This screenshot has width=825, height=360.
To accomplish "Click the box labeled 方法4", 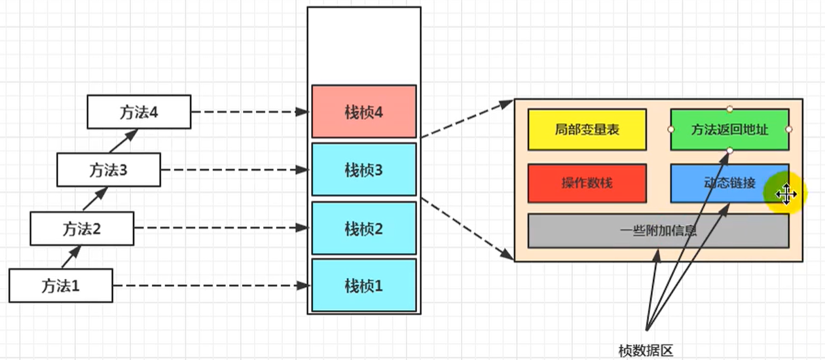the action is (x=139, y=112).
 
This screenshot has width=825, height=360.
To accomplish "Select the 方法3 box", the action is (x=109, y=170).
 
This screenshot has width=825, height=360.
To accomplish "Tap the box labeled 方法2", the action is (x=82, y=228).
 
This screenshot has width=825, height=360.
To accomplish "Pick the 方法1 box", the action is (x=61, y=285).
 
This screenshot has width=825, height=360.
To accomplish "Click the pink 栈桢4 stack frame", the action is (x=364, y=111).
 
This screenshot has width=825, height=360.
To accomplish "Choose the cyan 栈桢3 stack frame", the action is (x=364, y=170).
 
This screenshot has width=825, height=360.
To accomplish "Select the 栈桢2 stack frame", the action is (x=364, y=228).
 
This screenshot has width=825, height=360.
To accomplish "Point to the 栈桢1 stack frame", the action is (x=364, y=285).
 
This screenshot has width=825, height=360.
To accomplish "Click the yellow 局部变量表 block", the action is (x=587, y=130).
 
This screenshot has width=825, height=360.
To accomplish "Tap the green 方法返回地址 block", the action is (x=729, y=130).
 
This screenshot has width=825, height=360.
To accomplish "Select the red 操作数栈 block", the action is (x=587, y=183).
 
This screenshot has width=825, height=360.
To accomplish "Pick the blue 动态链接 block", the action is (x=729, y=183).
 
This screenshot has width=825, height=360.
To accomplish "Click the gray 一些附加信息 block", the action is (x=659, y=231).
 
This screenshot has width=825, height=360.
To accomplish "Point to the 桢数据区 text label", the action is (x=646, y=351).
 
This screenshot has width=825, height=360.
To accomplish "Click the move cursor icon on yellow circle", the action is (x=786, y=194).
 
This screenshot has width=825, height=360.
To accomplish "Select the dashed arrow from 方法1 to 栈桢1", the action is (x=211, y=285).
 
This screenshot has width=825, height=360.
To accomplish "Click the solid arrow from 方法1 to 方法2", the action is (x=71, y=257).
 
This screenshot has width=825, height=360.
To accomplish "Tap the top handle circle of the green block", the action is (x=729, y=109).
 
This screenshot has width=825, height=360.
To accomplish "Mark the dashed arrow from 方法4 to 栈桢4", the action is (x=250, y=112).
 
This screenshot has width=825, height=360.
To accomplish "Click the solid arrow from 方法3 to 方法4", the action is (x=124, y=141).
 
